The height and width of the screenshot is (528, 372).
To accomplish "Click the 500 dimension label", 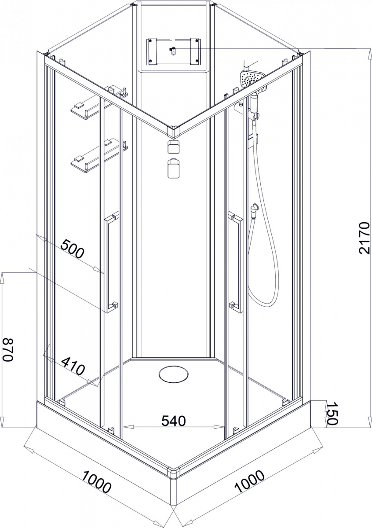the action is point(72,249).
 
